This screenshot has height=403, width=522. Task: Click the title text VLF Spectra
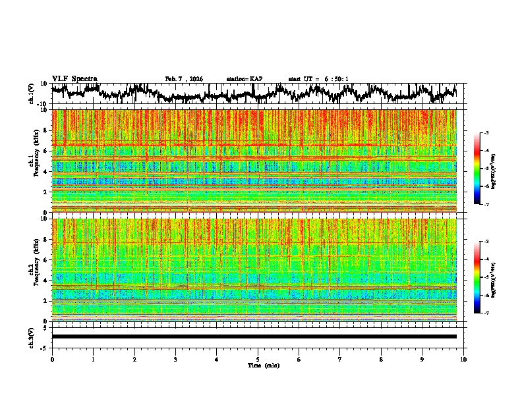tap(74, 78)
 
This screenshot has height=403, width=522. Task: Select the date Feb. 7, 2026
tap(184, 79)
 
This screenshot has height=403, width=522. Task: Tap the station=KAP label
tap(244, 79)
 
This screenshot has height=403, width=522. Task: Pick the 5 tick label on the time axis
tap(258, 359)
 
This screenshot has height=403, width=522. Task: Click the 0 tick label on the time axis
tap(52, 359)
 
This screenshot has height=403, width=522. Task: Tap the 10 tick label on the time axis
tap(463, 359)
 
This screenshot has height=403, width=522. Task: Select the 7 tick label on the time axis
tap(340, 359)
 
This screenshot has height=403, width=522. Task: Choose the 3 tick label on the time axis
tap(175, 359)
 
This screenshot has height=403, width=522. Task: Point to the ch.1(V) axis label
tap(32, 94)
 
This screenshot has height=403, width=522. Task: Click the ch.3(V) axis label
tap(32, 336)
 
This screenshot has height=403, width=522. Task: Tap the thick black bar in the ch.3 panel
tap(254, 336)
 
